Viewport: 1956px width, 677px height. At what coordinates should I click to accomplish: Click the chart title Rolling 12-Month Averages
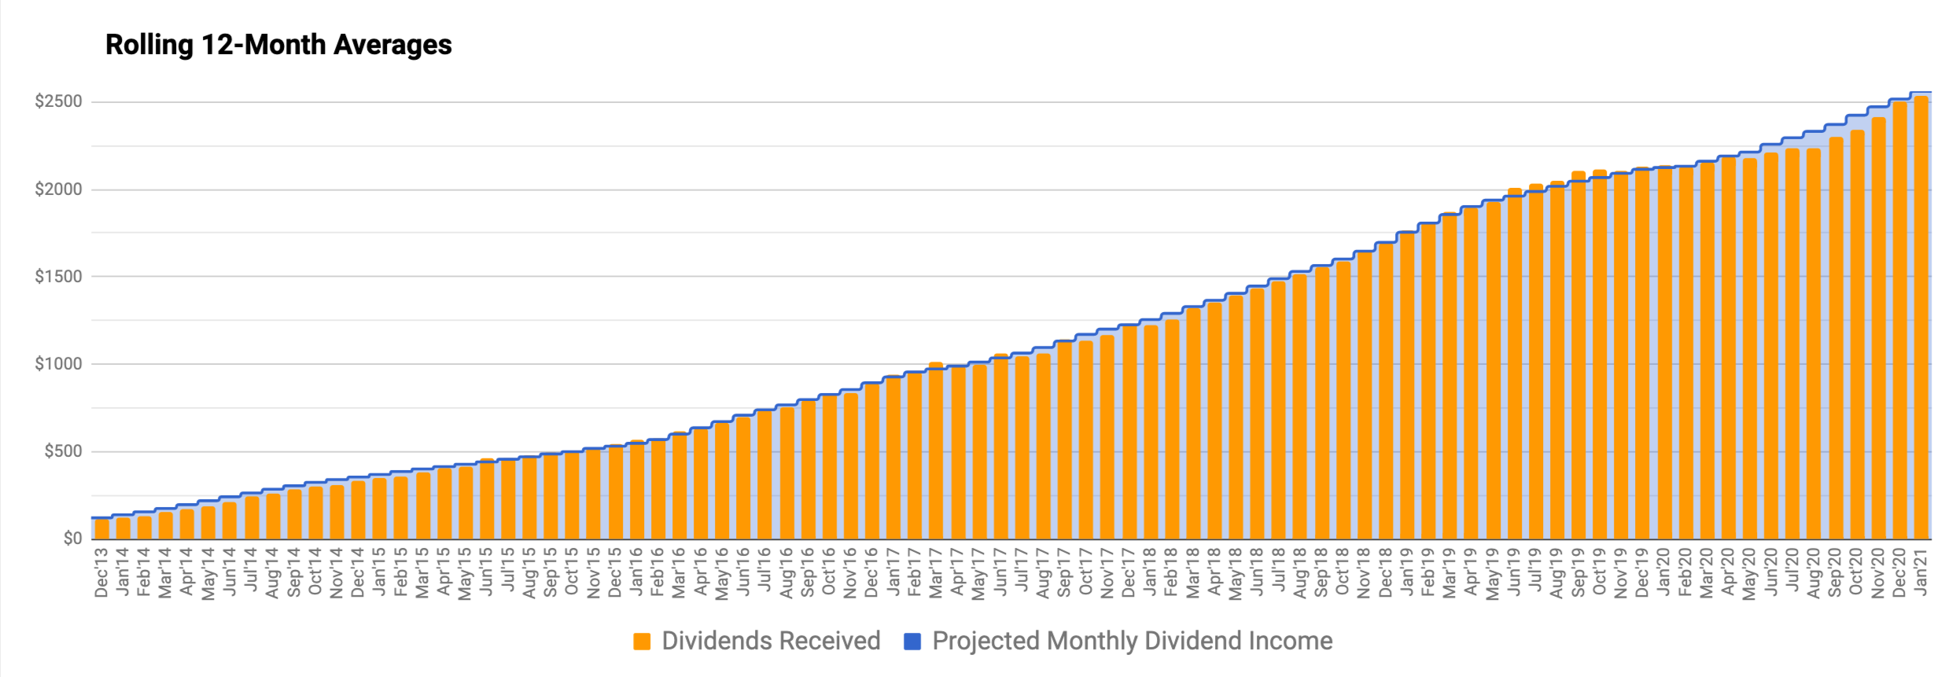[x=278, y=45]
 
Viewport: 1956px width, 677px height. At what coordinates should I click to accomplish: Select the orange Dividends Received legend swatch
[x=642, y=642]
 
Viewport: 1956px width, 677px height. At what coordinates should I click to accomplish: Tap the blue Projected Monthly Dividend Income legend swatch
[x=912, y=642]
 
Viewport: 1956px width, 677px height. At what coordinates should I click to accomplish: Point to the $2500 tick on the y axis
[x=58, y=101]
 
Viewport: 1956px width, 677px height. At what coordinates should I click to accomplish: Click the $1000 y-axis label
[x=58, y=364]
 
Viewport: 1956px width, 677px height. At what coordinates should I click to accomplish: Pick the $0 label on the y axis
[x=72, y=539]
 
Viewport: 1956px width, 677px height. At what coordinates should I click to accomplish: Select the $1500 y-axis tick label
[x=58, y=277]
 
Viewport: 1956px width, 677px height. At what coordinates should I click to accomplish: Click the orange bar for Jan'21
[x=1921, y=315]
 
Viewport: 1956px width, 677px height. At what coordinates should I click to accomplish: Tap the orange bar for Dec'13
[x=101, y=529]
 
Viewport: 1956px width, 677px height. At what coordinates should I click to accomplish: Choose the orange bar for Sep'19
[x=1578, y=354]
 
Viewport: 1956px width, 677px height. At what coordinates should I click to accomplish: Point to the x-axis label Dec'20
[x=1899, y=572]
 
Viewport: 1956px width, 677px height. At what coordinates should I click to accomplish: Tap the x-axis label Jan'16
[x=637, y=572]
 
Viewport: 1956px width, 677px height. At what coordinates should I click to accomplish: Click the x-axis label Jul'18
[x=1279, y=572]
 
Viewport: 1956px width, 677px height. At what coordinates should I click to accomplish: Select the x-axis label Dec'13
[x=101, y=572]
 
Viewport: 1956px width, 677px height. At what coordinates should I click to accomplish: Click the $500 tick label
[x=63, y=451]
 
